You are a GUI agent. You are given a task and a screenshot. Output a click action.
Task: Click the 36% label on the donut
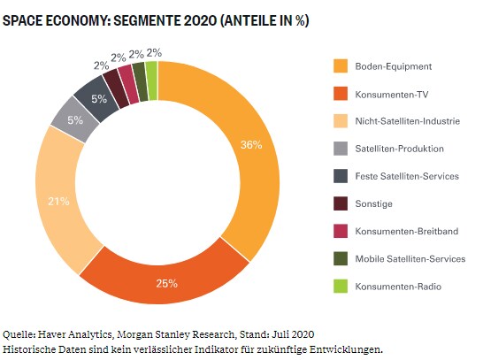coord(251,144)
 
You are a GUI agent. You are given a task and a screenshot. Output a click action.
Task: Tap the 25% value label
coord(166,283)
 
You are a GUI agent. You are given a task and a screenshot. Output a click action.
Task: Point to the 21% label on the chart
coord(58,202)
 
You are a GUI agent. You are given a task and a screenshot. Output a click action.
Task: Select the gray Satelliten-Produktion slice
coord(75,119)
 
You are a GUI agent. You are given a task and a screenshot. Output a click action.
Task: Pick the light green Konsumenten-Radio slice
coord(152,80)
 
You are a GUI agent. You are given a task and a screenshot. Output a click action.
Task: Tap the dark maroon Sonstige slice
coord(116,88)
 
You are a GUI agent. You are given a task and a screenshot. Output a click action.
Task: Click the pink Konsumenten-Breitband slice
coord(128,84)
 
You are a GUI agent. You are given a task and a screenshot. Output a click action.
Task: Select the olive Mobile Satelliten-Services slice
coord(140,82)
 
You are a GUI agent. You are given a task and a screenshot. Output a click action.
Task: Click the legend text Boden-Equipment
coord(394,66)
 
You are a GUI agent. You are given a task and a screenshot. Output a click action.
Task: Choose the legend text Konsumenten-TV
coord(392,95)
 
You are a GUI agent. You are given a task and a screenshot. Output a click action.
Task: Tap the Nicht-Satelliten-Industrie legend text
coord(408,121)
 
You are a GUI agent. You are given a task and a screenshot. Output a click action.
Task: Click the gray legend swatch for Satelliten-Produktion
coord(341,149)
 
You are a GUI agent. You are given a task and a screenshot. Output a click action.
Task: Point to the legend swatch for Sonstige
coord(341,203)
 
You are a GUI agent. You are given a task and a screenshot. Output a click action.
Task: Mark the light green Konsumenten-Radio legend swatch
coord(341,286)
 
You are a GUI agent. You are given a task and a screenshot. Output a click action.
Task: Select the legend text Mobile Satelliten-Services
coord(410,258)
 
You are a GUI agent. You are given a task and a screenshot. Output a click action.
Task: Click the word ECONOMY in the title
coord(78,20)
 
